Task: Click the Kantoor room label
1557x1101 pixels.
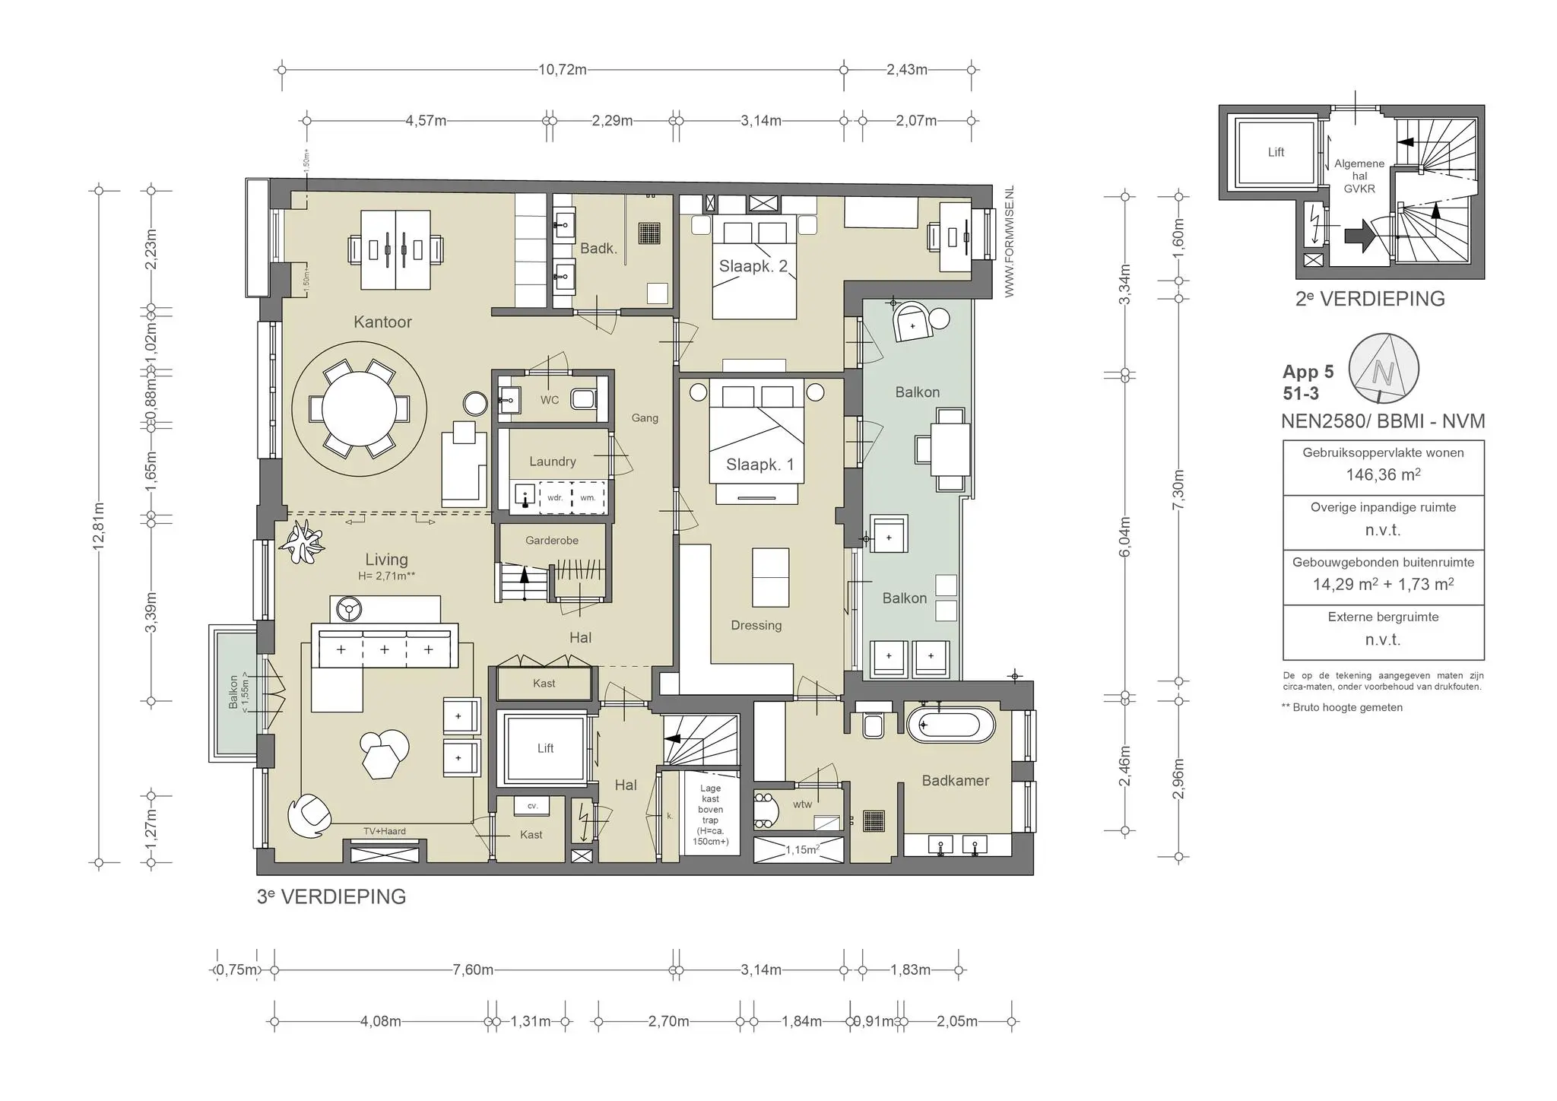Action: pyautogui.click(x=382, y=322)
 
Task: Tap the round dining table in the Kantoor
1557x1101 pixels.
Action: pyautogui.click(x=359, y=409)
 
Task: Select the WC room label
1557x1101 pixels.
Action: pyautogui.click(x=549, y=400)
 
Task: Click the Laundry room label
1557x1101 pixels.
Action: pyautogui.click(x=552, y=462)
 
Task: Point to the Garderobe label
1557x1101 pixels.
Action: pyautogui.click(x=552, y=541)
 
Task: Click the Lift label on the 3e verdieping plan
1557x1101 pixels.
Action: pyautogui.click(x=545, y=748)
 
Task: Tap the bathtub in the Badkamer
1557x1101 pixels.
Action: pyautogui.click(x=950, y=725)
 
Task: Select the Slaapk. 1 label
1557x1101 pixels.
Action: pyautogui.click(x=759, y=465)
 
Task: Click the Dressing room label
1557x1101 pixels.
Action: pyautogui.click(x=756, y=625)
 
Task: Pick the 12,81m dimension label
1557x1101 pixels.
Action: pyautogui.click(x=99, y=528)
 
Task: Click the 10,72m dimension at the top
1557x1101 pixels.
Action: pyautogui.click(x=563, y=70)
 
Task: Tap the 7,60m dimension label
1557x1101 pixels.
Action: pyautogui.click(x=473, y=970)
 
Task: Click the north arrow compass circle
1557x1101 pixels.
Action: pyautogui.click(x=1384, y=369)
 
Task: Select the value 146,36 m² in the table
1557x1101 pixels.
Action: pyautogui.click(x=1383, y=475)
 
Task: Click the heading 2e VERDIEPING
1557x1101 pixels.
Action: pyautogui.click(x=1370, y=299)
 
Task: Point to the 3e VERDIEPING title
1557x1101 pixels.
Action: pyautogui.click(x=331, y=896)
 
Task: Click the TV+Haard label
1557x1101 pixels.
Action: pyautogui.click(x=384, y=831)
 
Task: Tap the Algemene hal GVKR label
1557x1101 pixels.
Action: pyautogui.click(x=1359, y=176)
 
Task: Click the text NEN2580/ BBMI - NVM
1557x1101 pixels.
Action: pyautogui.click(x=1382, y=421)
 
